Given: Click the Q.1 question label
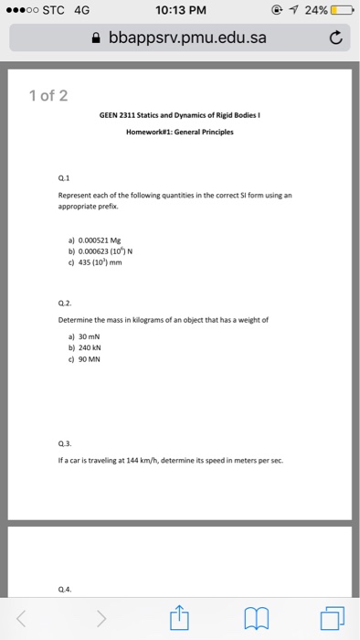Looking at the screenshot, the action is (63, 180).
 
